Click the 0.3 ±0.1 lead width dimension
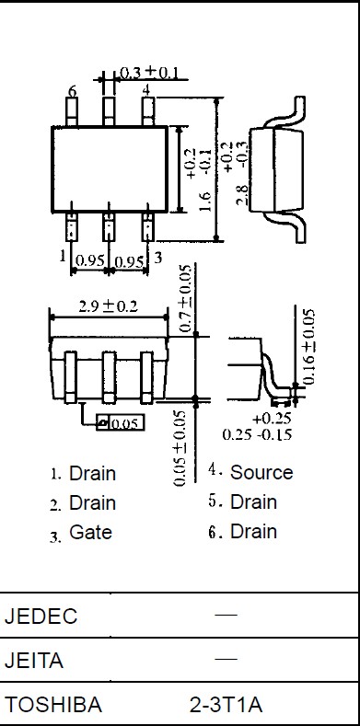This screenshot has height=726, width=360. click(x=149, y=73)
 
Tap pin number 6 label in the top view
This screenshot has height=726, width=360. click(x=73, y=92)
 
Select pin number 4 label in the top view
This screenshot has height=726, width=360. click(x=146, y=90)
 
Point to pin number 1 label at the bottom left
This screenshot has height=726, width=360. click(x=63, y=256)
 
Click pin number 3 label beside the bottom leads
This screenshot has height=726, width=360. click(x=158, y=258)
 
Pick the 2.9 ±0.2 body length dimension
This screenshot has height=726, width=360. click(x=108, y=306)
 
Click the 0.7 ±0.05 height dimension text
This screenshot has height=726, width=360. click(x=185, y=298)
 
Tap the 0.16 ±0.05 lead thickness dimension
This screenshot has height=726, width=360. click(x=309, y=347)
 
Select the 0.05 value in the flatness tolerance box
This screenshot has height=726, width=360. click(x=125, y=423)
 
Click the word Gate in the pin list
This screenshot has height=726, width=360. click(x=90, y=532)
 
